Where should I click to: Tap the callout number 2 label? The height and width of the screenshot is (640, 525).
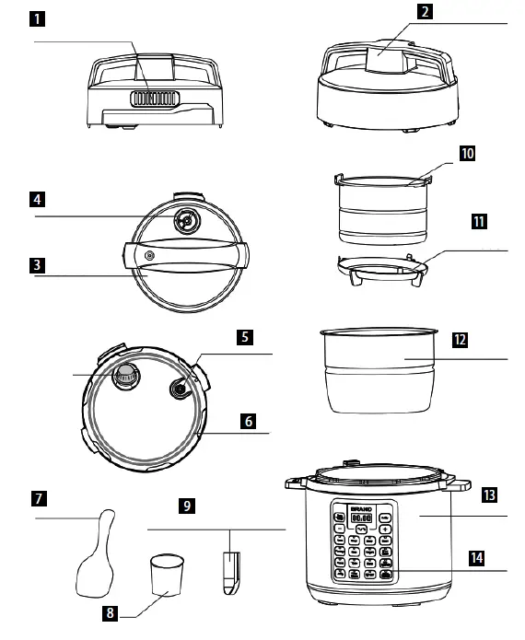click(424, 13)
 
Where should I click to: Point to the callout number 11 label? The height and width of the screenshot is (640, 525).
click(478, 222)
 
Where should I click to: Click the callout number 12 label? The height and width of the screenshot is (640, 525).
click(461, 338)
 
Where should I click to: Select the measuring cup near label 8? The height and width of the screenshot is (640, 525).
click(167, 574)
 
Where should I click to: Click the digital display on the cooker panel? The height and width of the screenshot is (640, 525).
click(363, 519)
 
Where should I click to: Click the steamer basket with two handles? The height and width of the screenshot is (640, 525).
click(382, 208)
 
